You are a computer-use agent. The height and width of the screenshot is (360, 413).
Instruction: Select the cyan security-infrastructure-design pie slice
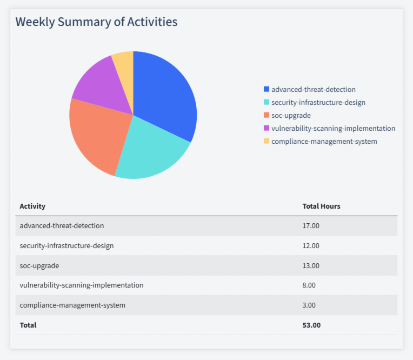[x=151, y=151]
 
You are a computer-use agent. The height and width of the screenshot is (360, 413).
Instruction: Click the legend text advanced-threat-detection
[x=314, y=89]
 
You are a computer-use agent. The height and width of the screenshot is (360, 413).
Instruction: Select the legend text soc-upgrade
[x=291, y=115]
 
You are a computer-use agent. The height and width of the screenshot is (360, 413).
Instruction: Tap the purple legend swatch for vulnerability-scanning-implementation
[x=266, y=128]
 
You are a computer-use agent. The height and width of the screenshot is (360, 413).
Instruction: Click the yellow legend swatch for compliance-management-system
[x=266, y=141]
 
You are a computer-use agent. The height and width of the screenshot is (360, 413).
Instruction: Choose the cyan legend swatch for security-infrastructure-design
[x=266, y=102]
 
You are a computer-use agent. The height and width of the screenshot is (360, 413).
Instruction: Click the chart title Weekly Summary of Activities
[x=96, y=22]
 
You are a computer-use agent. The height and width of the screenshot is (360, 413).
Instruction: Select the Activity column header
[x=32, y=206]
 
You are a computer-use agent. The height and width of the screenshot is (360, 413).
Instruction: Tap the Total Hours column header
[x=321, y=206]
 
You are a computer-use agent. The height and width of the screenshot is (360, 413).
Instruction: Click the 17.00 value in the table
[x=311, y=225]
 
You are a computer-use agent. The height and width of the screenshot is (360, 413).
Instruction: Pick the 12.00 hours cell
[x=311, y=245]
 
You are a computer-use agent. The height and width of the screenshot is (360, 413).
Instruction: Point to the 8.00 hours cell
[x=309, y=285]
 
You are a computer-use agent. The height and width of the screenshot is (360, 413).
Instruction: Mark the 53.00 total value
[x=311, y=325]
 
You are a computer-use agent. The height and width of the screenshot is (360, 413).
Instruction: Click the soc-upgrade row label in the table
[x=39, y=265]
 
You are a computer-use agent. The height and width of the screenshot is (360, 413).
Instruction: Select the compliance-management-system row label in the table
[x=72, y=305]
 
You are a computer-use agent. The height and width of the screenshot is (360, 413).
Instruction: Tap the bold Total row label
[x=28, y=325]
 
